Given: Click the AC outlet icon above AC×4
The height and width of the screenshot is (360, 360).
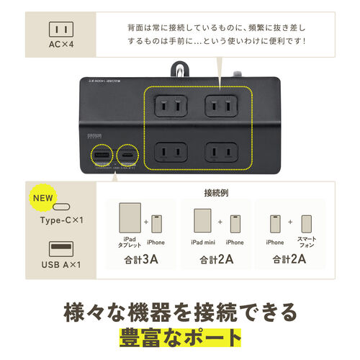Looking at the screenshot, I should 61,30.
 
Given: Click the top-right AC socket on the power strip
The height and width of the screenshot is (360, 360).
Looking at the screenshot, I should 220,104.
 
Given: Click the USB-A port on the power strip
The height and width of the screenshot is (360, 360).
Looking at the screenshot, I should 101,156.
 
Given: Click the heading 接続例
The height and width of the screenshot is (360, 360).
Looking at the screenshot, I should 216,194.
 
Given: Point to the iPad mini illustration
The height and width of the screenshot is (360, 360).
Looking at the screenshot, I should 203,220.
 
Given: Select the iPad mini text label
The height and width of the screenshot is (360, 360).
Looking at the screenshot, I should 204,243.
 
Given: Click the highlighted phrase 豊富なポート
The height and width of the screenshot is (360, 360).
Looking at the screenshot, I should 180,337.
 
